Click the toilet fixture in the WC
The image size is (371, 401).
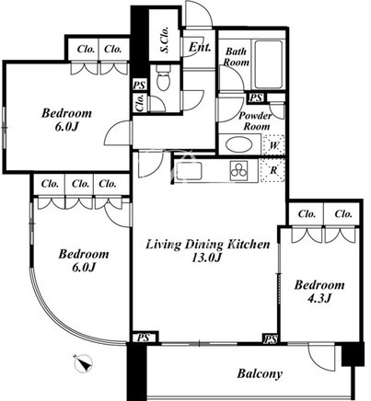pyautogui.click(x=163, y=78)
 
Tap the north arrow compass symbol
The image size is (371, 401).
pyautogui.click(x=84, y=363)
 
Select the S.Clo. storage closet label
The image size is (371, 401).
pyautogui.click(x=165, y=40)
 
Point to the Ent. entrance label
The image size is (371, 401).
pyautogui.click(x=200, y=47)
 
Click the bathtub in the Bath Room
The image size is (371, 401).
pyautogui.click(x=268, y=64)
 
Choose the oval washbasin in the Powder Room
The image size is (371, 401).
pyautogui.click(x=238, y=145)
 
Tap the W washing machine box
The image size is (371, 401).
pyautogui.click(x=274, y=145)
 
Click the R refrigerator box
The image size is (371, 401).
pyautogui.click(x=272, y=170)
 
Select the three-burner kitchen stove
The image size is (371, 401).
pyautogui.click(x=239, y=170)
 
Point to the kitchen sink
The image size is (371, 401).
pyautogui.click(x=189, y=171)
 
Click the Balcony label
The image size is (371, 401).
pyautogui.click(x=260, y=373)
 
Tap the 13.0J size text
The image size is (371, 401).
pyautogui.click(x=206, y=258)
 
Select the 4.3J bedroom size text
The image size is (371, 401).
pyautogui.click(x=319, y=298)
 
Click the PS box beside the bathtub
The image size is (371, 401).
pyautogui.click(x=256, y=97)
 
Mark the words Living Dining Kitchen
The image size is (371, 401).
pyautogui.click(x=208, y=245)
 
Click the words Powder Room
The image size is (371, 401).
pyautogui.click(x=256, y=120)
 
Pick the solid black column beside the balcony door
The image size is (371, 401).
pyautogui.click(x=353, y=354)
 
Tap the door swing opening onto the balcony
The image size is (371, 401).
pyautogui.click(x=320, y=357)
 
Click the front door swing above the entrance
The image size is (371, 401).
pyautogui.click(x=199, y=14)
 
